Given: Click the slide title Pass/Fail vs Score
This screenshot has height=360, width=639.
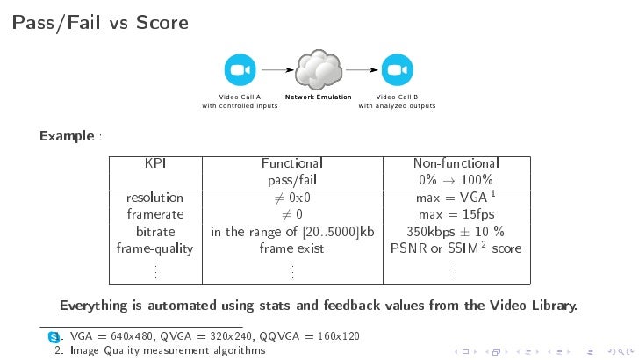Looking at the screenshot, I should pos(100,22).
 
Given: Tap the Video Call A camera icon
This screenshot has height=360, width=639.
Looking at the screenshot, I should pos(239,69).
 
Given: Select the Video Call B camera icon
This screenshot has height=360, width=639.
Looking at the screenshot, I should pos(396,69).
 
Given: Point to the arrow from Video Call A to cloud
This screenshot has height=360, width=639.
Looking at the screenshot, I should pos(277,69).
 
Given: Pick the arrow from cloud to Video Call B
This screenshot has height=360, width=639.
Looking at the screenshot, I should pos(361,69).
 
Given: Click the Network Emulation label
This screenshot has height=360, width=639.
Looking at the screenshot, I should pos(318,97).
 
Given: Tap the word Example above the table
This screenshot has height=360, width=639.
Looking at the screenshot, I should pos(67,136).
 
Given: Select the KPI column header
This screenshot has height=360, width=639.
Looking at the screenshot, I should pos(155,163).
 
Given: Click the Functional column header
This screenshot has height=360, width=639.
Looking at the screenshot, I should pos(291,163).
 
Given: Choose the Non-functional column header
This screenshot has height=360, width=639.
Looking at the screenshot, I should pos(456,163).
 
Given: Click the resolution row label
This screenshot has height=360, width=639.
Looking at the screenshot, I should pos(154,198).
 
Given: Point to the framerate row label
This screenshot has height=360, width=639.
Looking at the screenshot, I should pos(154,214).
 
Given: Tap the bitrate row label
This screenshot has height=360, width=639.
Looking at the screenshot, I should pos(154,232).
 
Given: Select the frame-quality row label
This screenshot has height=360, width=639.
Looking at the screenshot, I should pos(154,248).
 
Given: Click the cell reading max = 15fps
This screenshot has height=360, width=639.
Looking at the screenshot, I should pos(456,214).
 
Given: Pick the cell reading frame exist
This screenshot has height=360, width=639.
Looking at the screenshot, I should pos(291,248).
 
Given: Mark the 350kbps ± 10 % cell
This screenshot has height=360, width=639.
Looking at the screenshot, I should pos(456,232).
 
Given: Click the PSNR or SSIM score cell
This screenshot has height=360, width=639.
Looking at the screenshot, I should pos(456,248).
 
